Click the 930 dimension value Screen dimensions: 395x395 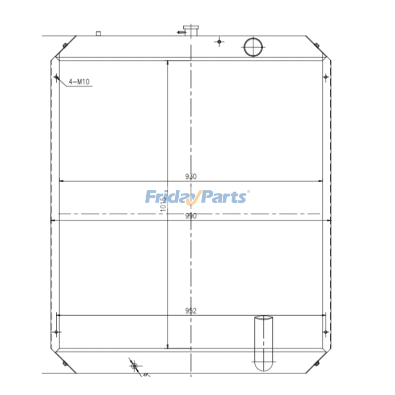[191, 176]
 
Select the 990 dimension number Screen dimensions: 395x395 [191, 216]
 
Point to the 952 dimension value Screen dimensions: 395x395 [191, 311]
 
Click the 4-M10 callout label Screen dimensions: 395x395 [79, 81]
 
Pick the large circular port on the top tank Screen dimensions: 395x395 [253, 47]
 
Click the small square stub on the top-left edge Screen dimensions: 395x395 [98, 34]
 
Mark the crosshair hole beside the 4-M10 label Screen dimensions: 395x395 [56, 77]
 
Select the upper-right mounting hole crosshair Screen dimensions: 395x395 [325, 77]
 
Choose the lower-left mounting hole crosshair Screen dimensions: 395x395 [56, 331]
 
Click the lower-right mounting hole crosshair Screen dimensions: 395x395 [325, 331]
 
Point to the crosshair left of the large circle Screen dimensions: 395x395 [220, 42]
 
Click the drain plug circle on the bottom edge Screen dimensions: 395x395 [133, 366]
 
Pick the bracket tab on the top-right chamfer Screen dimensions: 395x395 [316, 44]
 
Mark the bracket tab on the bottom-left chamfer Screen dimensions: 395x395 [65, 363]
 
